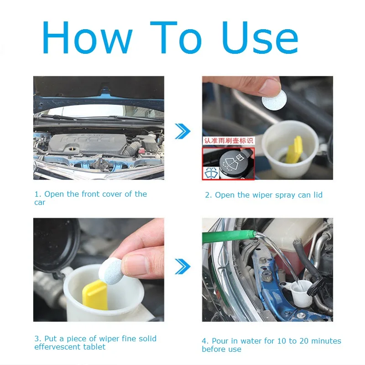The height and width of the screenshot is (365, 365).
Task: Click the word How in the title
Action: coord(87,37)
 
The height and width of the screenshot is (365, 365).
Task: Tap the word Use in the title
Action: coord(260,37)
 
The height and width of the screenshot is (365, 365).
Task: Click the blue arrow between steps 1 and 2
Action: coord(183,131)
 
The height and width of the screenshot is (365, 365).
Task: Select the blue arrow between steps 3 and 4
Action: coord(183,266)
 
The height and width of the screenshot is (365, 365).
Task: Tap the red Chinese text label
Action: coord(229,141)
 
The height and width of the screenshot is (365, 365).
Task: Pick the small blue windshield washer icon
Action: coord(211,173)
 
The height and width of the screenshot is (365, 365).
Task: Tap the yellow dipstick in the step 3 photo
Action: coord(95,295)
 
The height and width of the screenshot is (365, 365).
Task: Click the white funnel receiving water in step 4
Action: coord(300,292)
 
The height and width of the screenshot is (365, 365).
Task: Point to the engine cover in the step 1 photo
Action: coord(87,143)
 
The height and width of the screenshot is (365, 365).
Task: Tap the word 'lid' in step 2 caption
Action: coord(318,195)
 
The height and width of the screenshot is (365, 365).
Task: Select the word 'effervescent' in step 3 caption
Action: coord(58,347)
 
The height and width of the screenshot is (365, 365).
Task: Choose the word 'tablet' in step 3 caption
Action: coord(94,347)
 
